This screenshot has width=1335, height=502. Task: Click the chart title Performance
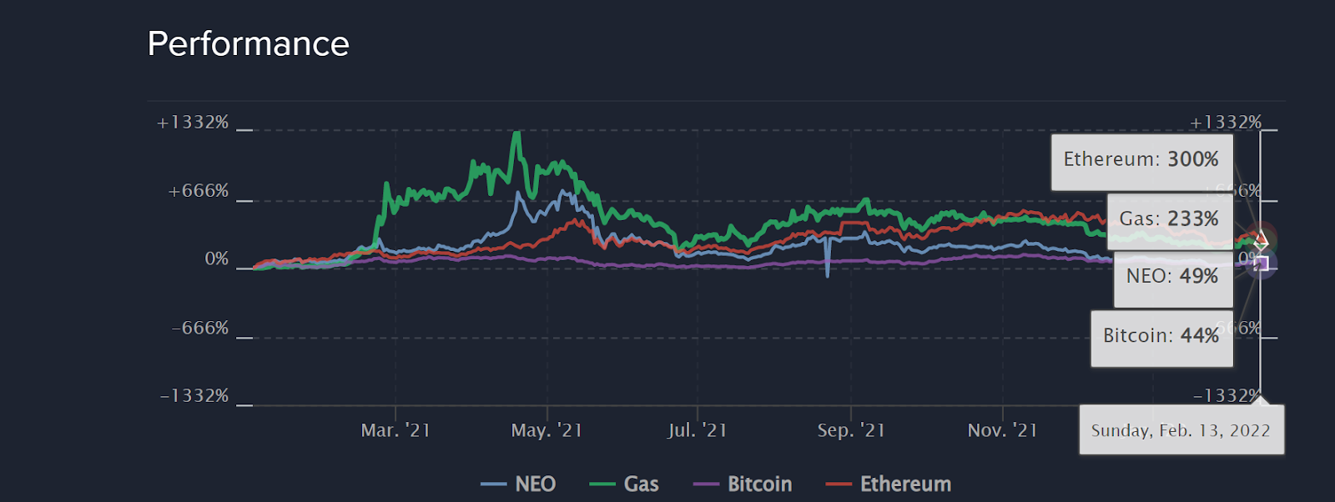pos(248,43)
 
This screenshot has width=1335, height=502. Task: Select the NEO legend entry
pos(519,484)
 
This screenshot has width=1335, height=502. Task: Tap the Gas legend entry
pos(625,484)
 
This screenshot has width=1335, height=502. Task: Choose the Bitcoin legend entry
pos(743,484)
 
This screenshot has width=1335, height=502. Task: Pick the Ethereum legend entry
pos(889,484)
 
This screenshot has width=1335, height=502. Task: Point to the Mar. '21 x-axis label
pos(395,430)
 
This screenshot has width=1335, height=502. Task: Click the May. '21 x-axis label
pos(547,430)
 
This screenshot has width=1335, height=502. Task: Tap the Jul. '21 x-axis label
pos(698,430)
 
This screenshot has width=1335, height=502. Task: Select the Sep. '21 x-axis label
pos(851,430)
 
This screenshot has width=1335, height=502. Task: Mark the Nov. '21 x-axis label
pos(1002,430)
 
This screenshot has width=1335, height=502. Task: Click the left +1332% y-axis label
pos(193,123)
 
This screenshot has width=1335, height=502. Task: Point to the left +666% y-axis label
pos(199,191)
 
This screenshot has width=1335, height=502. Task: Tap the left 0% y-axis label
pos(217,259)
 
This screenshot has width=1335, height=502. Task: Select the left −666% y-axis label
pos(200,329)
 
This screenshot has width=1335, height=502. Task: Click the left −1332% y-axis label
pos(194,396)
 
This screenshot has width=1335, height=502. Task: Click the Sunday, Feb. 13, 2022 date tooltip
pos(1181,430)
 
